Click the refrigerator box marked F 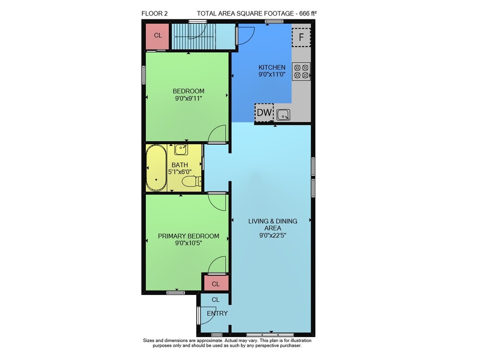pyautogui.click(x=301, y=37)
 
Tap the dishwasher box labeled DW pyautogui.click(x=264, y=112)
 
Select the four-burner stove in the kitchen pyautogui.click(x=301, y=71)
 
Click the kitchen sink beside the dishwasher pyautogui.click(x=283, y=115)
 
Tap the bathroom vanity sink pyautogui.click(x=181, y=150)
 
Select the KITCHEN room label pyautogui.click(x=272, y=67)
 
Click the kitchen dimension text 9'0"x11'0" pyautogui.click(x=272, y=75)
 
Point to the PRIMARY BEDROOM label pyautogui.click(x=189, y=236)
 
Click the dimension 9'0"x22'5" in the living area pyautogui.click(x=273, y=236)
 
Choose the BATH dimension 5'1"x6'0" pyautogui.click(x=180, y=171)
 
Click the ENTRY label pyautogui.click(x=217, y=313)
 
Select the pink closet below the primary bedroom pyautogui.click(x=216, y=283)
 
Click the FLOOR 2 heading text pyautogui.click(x=155, y=14)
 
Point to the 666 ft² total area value pyautogui.click(x=307, y=13)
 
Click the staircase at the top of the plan pyautogui.click(x=194, y=36)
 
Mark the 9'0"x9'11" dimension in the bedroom pyautogui.click(x=189, y=99)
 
